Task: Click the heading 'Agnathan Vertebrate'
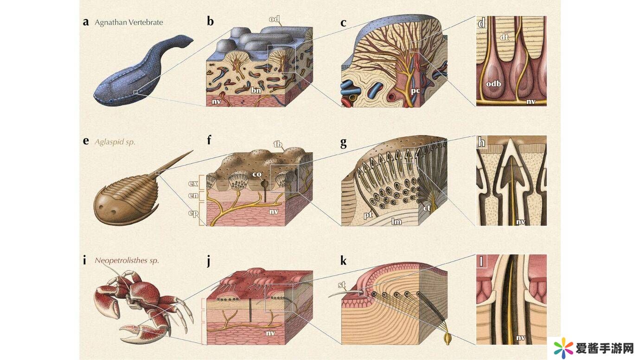(x=128, y=22)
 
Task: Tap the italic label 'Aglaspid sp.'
(x=115, y=142)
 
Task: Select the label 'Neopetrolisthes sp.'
(x=127, y=261)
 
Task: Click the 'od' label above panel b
(x=274, y=19)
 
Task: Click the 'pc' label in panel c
(x=415, y=91)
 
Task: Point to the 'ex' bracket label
(x=193, y=183)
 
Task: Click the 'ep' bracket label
(x=193, y=214)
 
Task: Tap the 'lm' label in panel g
(x=396, y=222)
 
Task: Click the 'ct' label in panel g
(x=427, y=208)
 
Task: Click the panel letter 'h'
(x=482, y=142)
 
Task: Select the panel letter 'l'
(x=481, y=261)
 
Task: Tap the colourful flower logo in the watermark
(x=563, y=347)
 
